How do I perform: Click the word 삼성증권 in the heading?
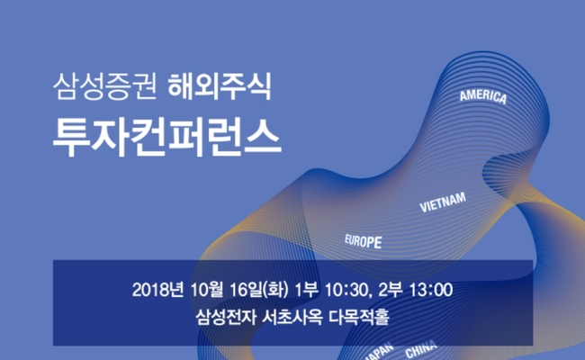coord(104,86)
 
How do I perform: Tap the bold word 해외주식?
coord(220,86)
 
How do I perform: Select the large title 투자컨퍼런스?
coord(166,138)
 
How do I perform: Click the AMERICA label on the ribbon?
coord(483,96)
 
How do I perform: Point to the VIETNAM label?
coord(443,202)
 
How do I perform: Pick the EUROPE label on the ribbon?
coord(363,241)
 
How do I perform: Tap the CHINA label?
coord(421,349)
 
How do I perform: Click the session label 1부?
coord(306,290)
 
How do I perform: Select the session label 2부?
coord(391,290)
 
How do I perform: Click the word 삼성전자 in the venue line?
coord(226,317)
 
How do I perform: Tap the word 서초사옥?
coord(292,317)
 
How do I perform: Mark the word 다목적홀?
coord(359,317)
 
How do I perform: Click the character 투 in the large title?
coord(71,138)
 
